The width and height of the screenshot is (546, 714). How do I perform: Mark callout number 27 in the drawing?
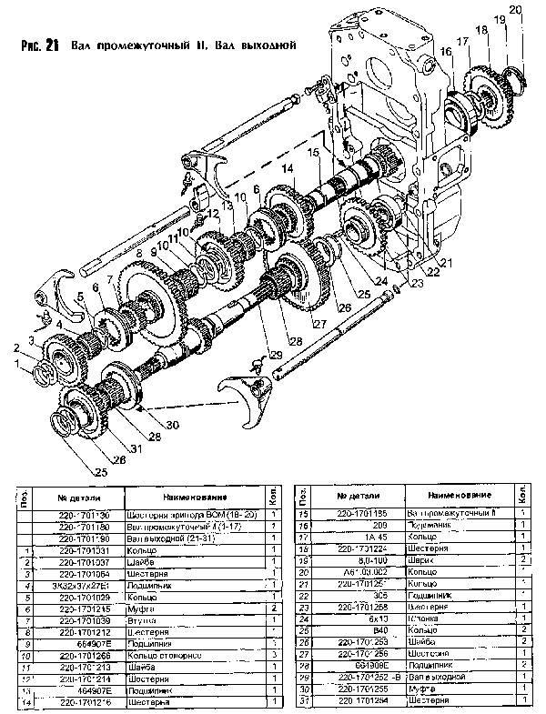(x=318, y=324)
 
